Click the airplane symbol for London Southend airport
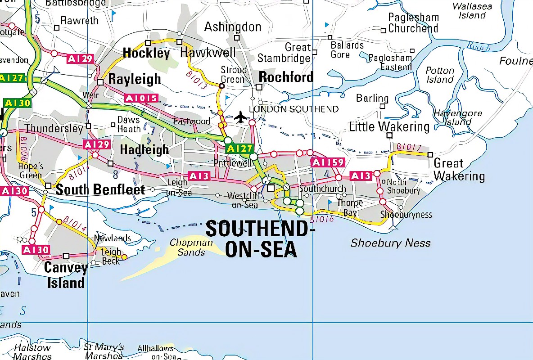(241, 117)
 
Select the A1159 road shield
(327, 162)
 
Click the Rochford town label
(286, 77)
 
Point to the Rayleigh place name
(135, 79)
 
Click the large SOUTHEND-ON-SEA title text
(260, 239)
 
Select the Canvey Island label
(66, 275)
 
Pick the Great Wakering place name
(459, 170)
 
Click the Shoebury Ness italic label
(390, 243)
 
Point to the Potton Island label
(440, 75)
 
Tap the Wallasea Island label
(472, 11)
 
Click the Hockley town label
(146, 54)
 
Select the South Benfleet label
(100, 189)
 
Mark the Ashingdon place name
(233, 27)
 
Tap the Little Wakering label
(389, 127)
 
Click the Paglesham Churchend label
(413, 23)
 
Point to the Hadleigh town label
(145, 149)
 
